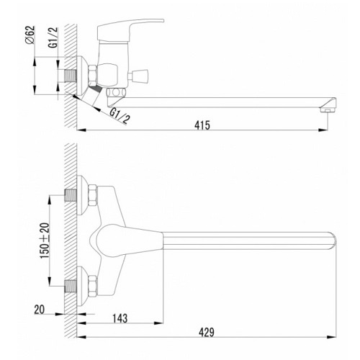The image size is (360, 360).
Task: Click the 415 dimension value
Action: click(202, 125)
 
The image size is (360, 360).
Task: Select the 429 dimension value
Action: click(207, 333)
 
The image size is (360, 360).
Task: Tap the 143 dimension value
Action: click(120, 318)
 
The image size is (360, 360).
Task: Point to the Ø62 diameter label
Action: click(30, 35)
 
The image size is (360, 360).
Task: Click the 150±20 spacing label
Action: click(45, 240)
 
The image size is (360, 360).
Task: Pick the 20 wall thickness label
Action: click(40, 310)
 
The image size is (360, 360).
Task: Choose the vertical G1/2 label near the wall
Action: click(53, 37)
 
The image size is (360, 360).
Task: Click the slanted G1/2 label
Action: click(120, 116)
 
